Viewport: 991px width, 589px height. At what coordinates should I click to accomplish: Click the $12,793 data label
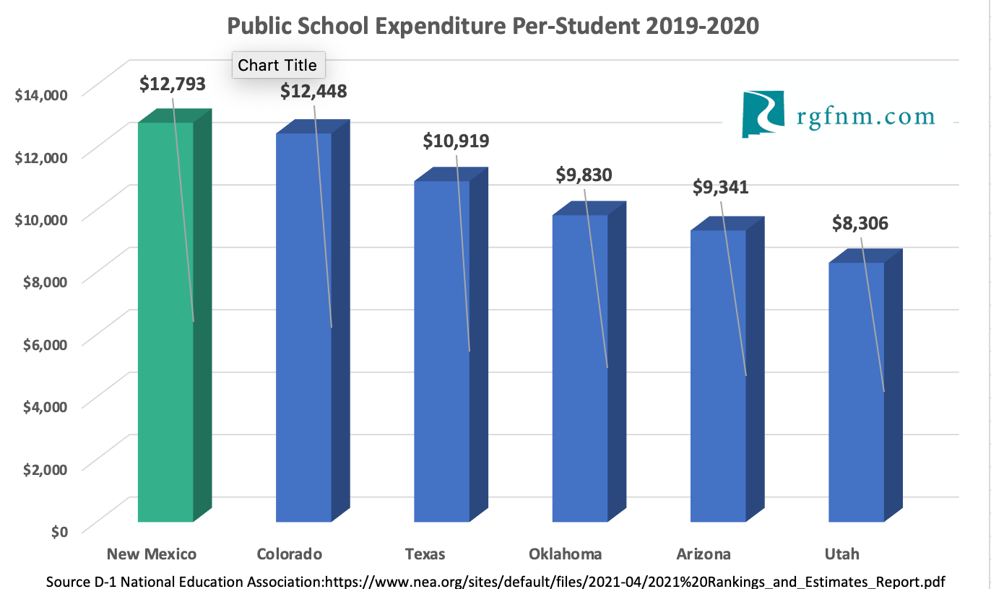(173, 84)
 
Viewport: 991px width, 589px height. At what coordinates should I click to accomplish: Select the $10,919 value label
(456, 140)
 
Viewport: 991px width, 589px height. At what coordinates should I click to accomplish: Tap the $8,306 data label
(860, 224)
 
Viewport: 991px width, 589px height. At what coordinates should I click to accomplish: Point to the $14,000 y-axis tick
(41, 95)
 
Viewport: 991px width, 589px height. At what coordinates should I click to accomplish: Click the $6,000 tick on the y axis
(41, 344)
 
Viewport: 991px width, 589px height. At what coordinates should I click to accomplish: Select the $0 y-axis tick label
(59, 531)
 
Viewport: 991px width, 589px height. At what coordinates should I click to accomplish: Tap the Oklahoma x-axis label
(565, 554)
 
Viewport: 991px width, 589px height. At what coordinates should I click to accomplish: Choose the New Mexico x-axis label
(152, 554)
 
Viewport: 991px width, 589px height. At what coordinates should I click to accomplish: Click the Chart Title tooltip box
(277, 65)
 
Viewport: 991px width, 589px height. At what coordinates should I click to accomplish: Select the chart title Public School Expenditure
(493, 26)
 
